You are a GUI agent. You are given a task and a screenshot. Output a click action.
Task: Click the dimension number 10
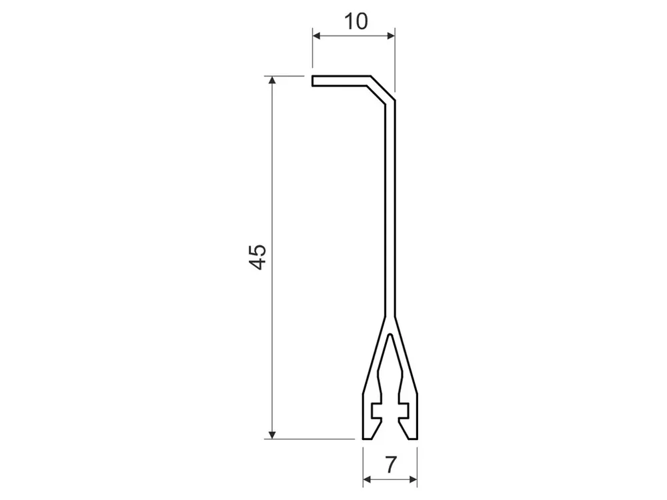[356, 21]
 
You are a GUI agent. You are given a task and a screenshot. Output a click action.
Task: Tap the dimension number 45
[257, 257]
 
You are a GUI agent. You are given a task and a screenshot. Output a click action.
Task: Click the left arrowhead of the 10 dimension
[316, 36]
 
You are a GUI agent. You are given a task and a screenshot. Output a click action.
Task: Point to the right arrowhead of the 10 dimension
[391, 36]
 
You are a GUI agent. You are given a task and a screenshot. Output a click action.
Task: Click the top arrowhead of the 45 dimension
[272, 81]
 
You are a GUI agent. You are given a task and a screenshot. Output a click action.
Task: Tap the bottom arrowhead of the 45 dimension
[272, 435]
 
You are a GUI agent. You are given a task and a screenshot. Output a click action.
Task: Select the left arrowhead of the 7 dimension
[367, 479]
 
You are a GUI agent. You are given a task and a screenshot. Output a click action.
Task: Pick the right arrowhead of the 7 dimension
[413, 479]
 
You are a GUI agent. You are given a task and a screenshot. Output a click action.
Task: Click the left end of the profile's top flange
[313, 81]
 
